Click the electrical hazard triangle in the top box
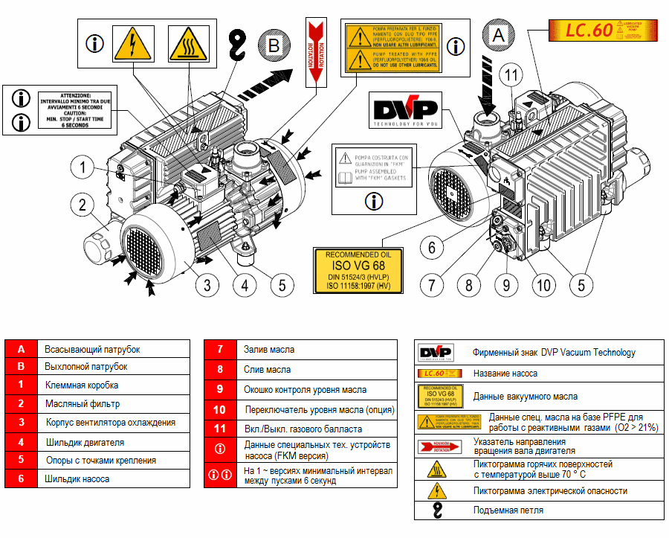pos(132,44)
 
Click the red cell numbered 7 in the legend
pos(220,349)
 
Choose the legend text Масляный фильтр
pos(82,403)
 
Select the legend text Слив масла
pos(267,369)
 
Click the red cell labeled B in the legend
pos(22,367)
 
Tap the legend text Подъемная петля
pos(508,510)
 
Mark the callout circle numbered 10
pos(542,284)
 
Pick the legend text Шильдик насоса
pos(77,478)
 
